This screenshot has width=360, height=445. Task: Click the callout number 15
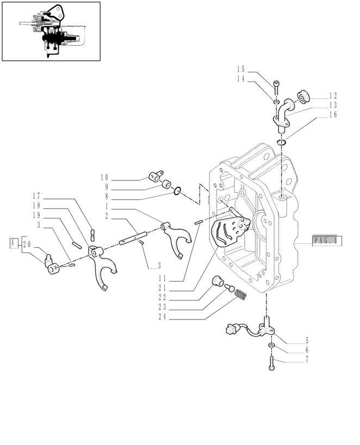241,70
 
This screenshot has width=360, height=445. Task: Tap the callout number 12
333,95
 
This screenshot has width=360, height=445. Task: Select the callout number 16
333,115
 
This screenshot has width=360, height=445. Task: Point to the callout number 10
104,177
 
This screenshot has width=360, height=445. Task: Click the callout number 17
36,196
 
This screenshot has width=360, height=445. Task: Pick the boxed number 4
13,243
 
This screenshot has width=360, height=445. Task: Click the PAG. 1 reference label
327,240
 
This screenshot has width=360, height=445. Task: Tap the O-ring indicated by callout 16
281,142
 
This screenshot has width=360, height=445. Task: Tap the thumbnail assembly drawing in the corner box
51,31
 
